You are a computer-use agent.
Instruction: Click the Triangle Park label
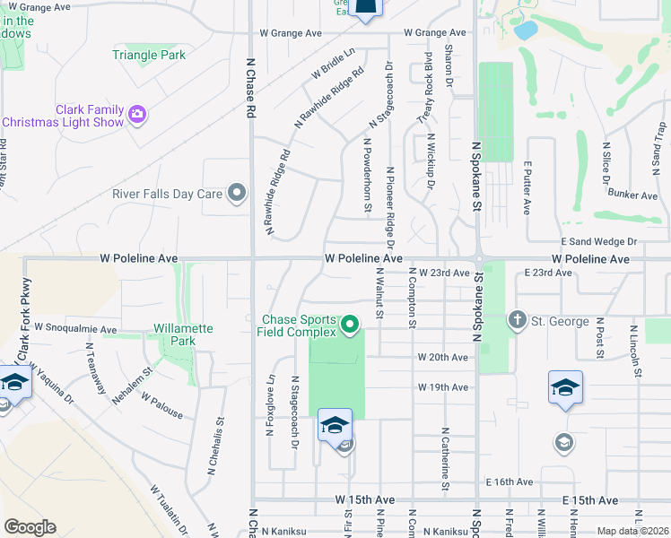click(x=149, y=55)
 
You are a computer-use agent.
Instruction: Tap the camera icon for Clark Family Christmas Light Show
click(x=137, y=114)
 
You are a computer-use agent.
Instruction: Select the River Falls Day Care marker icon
click(x=237, y=193)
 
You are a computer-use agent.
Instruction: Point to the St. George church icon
click(x=517, y=320)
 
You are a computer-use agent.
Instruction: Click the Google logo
click(x=30, y=526)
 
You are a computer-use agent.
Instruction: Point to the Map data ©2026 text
click(x=632, y=531)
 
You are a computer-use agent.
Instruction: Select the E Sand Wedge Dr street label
click(x=598, y=241)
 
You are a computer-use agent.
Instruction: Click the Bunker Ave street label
click(x=632, y=195)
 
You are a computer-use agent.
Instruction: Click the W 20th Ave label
click(x=442, y=357)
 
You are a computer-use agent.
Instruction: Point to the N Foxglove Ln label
click(x=270, y=405)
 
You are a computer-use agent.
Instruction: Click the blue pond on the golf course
click(x=526, y=30)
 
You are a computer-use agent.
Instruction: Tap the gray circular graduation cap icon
click(x=563, y=441)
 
